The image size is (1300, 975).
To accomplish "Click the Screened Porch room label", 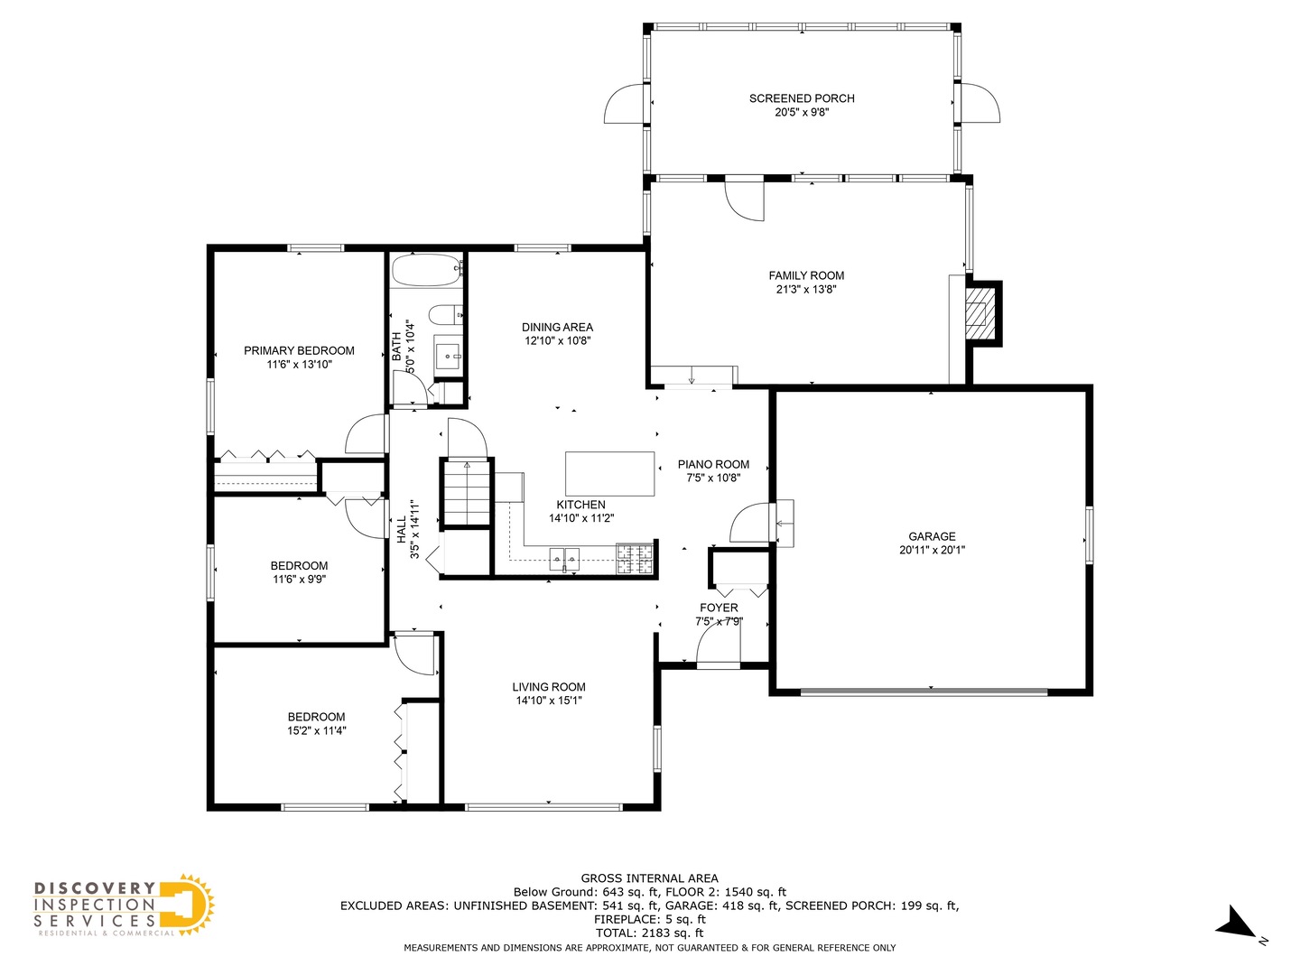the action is tap(802, 98).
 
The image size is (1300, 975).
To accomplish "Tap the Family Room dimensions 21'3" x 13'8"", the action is tap(806, 290).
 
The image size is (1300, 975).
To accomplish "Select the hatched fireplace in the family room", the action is tap(980, 313).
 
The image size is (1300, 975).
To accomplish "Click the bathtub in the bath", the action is tap(426, 270).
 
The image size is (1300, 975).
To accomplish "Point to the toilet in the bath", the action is tap(445, 315).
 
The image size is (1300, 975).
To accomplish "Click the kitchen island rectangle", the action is tap(609, 474).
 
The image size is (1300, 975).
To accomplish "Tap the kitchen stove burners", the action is tap(635, 559).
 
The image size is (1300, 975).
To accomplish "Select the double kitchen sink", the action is tap(564, 558).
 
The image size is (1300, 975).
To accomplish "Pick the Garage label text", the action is tap(932, 536).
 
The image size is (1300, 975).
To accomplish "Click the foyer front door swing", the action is tap(719, 647).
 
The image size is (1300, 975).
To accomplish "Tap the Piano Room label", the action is tap(713, 464).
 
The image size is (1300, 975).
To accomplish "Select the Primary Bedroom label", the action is tap(299, 350).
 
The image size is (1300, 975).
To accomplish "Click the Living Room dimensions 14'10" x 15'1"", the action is tap(548, 701).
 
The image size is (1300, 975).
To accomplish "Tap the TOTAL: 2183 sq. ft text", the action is tap(649, 933).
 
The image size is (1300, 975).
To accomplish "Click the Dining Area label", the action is tap(557, 327).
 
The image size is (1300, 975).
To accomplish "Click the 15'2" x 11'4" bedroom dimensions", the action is tap(316, 730).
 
